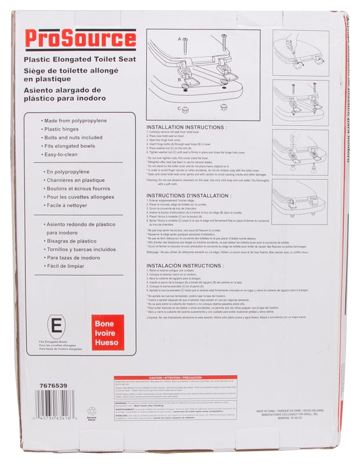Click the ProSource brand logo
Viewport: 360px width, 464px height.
coord(80,39)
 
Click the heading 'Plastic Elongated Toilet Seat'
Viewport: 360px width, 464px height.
coord(79,59)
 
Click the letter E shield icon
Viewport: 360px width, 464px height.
coord(54,327)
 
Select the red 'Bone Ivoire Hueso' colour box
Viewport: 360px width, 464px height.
coord(107,333)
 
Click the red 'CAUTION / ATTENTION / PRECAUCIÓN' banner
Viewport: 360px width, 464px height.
coord(179,377)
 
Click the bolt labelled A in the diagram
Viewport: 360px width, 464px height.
coord(185,46)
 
